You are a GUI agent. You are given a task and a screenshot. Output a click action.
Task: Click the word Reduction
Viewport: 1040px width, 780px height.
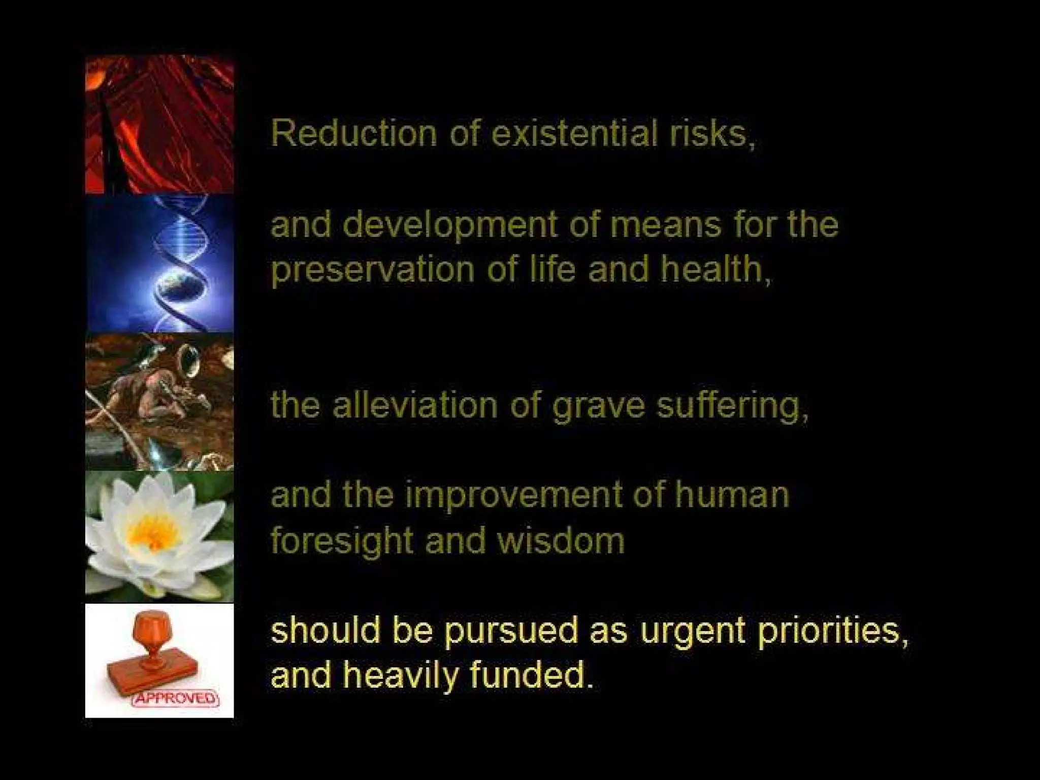click(353, 134)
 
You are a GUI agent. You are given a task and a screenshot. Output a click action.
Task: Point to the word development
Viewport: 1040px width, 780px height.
click(450, 225)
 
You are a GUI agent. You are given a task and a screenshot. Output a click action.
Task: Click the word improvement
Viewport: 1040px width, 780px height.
click(513, 495)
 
